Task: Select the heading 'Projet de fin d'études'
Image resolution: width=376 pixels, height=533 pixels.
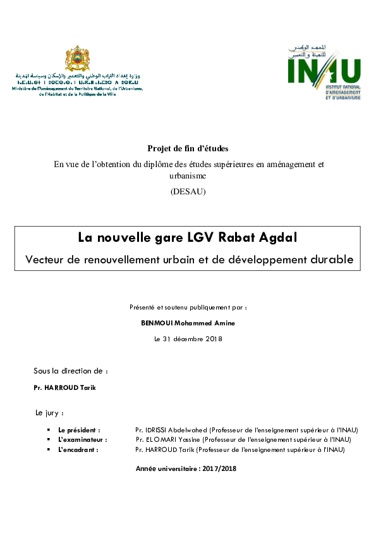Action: pyautogui.click(x=188, y=148)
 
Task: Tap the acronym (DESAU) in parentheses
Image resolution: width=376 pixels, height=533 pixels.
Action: pyautogui.click(x=188, y=192)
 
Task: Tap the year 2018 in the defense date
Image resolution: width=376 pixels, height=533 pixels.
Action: pyautogui.click(x=212, y=339)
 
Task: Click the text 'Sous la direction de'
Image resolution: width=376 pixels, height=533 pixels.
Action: pyautogui.click(x=70, y=370)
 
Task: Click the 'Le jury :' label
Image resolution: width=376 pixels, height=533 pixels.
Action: pyautogui.click(x=49, y=413)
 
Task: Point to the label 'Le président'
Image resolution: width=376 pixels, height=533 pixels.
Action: pyautogui.click(x=78, y=430)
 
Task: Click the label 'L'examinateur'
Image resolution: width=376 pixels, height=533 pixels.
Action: pyautogui.click(x=82, y=439)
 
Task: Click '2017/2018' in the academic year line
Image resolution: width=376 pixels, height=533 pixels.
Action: pyautogui.click(x=219, y=468)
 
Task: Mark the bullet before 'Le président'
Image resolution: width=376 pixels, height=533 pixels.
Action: pyautogui.click(x=49, y=430)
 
